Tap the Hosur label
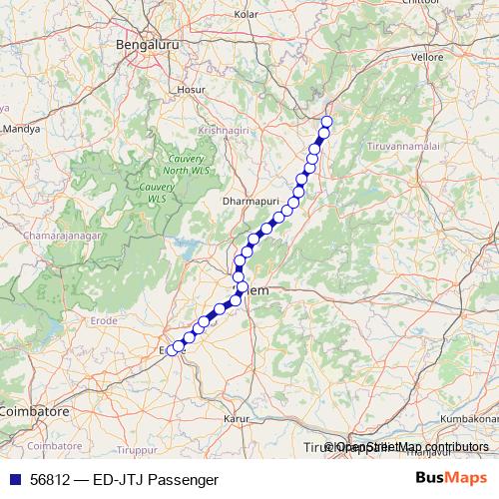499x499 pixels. [190, 90]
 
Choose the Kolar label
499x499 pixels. [246, 15]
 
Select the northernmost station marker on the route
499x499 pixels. [326, 122]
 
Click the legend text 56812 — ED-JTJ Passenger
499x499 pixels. [124, 480]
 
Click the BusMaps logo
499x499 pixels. [450, 479]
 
